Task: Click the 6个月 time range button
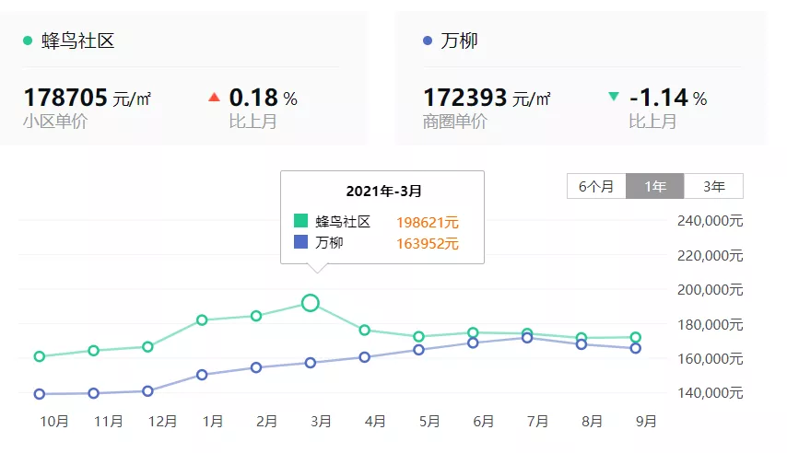[x=596, y=186]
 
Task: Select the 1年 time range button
[x=655, y=186]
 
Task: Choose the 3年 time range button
[x=713, y=186]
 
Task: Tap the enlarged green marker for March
[x=311, y=303]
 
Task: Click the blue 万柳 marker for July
[x=527, y=338]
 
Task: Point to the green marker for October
[x=40, y=356]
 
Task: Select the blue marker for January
[x=202, y=375]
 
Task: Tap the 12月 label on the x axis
[x=162, y=422]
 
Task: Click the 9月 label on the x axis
[x=647, y=422]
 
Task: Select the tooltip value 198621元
[x=428, y=222]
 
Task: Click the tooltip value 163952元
[x=428, y=244]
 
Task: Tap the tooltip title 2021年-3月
[x=383, y=192]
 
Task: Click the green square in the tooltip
[x=301, y=221]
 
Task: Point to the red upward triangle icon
[x=214, y=97]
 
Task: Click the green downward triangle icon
[x=614, y=97]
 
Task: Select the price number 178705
[x=65, y=98]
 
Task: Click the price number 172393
[x=464, y=98]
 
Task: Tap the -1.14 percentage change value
[x=659, y=98]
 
